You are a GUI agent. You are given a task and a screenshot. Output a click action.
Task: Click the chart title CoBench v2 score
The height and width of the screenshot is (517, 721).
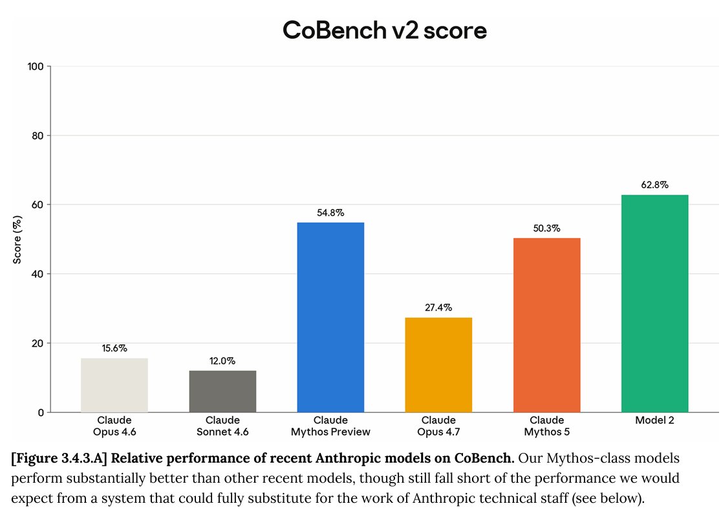point(384,30)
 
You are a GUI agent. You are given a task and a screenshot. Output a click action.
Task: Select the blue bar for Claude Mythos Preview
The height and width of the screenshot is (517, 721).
point(330,317)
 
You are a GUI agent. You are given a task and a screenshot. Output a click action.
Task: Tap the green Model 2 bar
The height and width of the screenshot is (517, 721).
point(655,303)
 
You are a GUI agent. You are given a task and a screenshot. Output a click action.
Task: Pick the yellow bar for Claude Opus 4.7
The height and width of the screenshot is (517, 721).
point(438,365)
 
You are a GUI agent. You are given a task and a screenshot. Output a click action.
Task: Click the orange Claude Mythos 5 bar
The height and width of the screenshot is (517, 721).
point(546,325)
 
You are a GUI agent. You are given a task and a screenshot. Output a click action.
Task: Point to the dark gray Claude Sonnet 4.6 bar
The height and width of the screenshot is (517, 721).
point(222,391)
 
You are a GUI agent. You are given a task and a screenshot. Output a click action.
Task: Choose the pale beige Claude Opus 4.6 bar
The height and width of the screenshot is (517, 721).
point(114,385)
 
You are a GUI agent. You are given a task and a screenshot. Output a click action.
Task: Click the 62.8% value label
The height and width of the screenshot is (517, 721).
point(655,185)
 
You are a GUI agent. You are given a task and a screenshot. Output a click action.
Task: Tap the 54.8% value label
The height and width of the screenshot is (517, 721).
point(330,212)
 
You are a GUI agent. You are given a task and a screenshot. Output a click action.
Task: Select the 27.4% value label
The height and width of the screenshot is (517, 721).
point(438,307)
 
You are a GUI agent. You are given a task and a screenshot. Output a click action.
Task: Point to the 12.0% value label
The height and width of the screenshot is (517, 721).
point(222,361)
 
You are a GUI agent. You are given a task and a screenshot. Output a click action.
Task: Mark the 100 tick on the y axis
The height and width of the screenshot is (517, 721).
point(36,67)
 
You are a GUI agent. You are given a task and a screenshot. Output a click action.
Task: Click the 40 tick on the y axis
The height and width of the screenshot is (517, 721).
point(38,274)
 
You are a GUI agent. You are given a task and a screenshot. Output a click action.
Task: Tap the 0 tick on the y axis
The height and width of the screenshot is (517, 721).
point(41,413)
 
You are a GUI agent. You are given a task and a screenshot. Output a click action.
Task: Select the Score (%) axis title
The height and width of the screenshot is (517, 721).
point(17,239)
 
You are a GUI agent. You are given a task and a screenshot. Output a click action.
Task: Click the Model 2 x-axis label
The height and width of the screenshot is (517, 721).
point(655,420)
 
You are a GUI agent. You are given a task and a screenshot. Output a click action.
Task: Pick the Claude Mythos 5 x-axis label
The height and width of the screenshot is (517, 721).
point(546,426)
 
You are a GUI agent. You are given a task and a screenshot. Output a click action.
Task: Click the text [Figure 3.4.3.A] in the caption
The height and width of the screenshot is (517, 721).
point(59,458)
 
